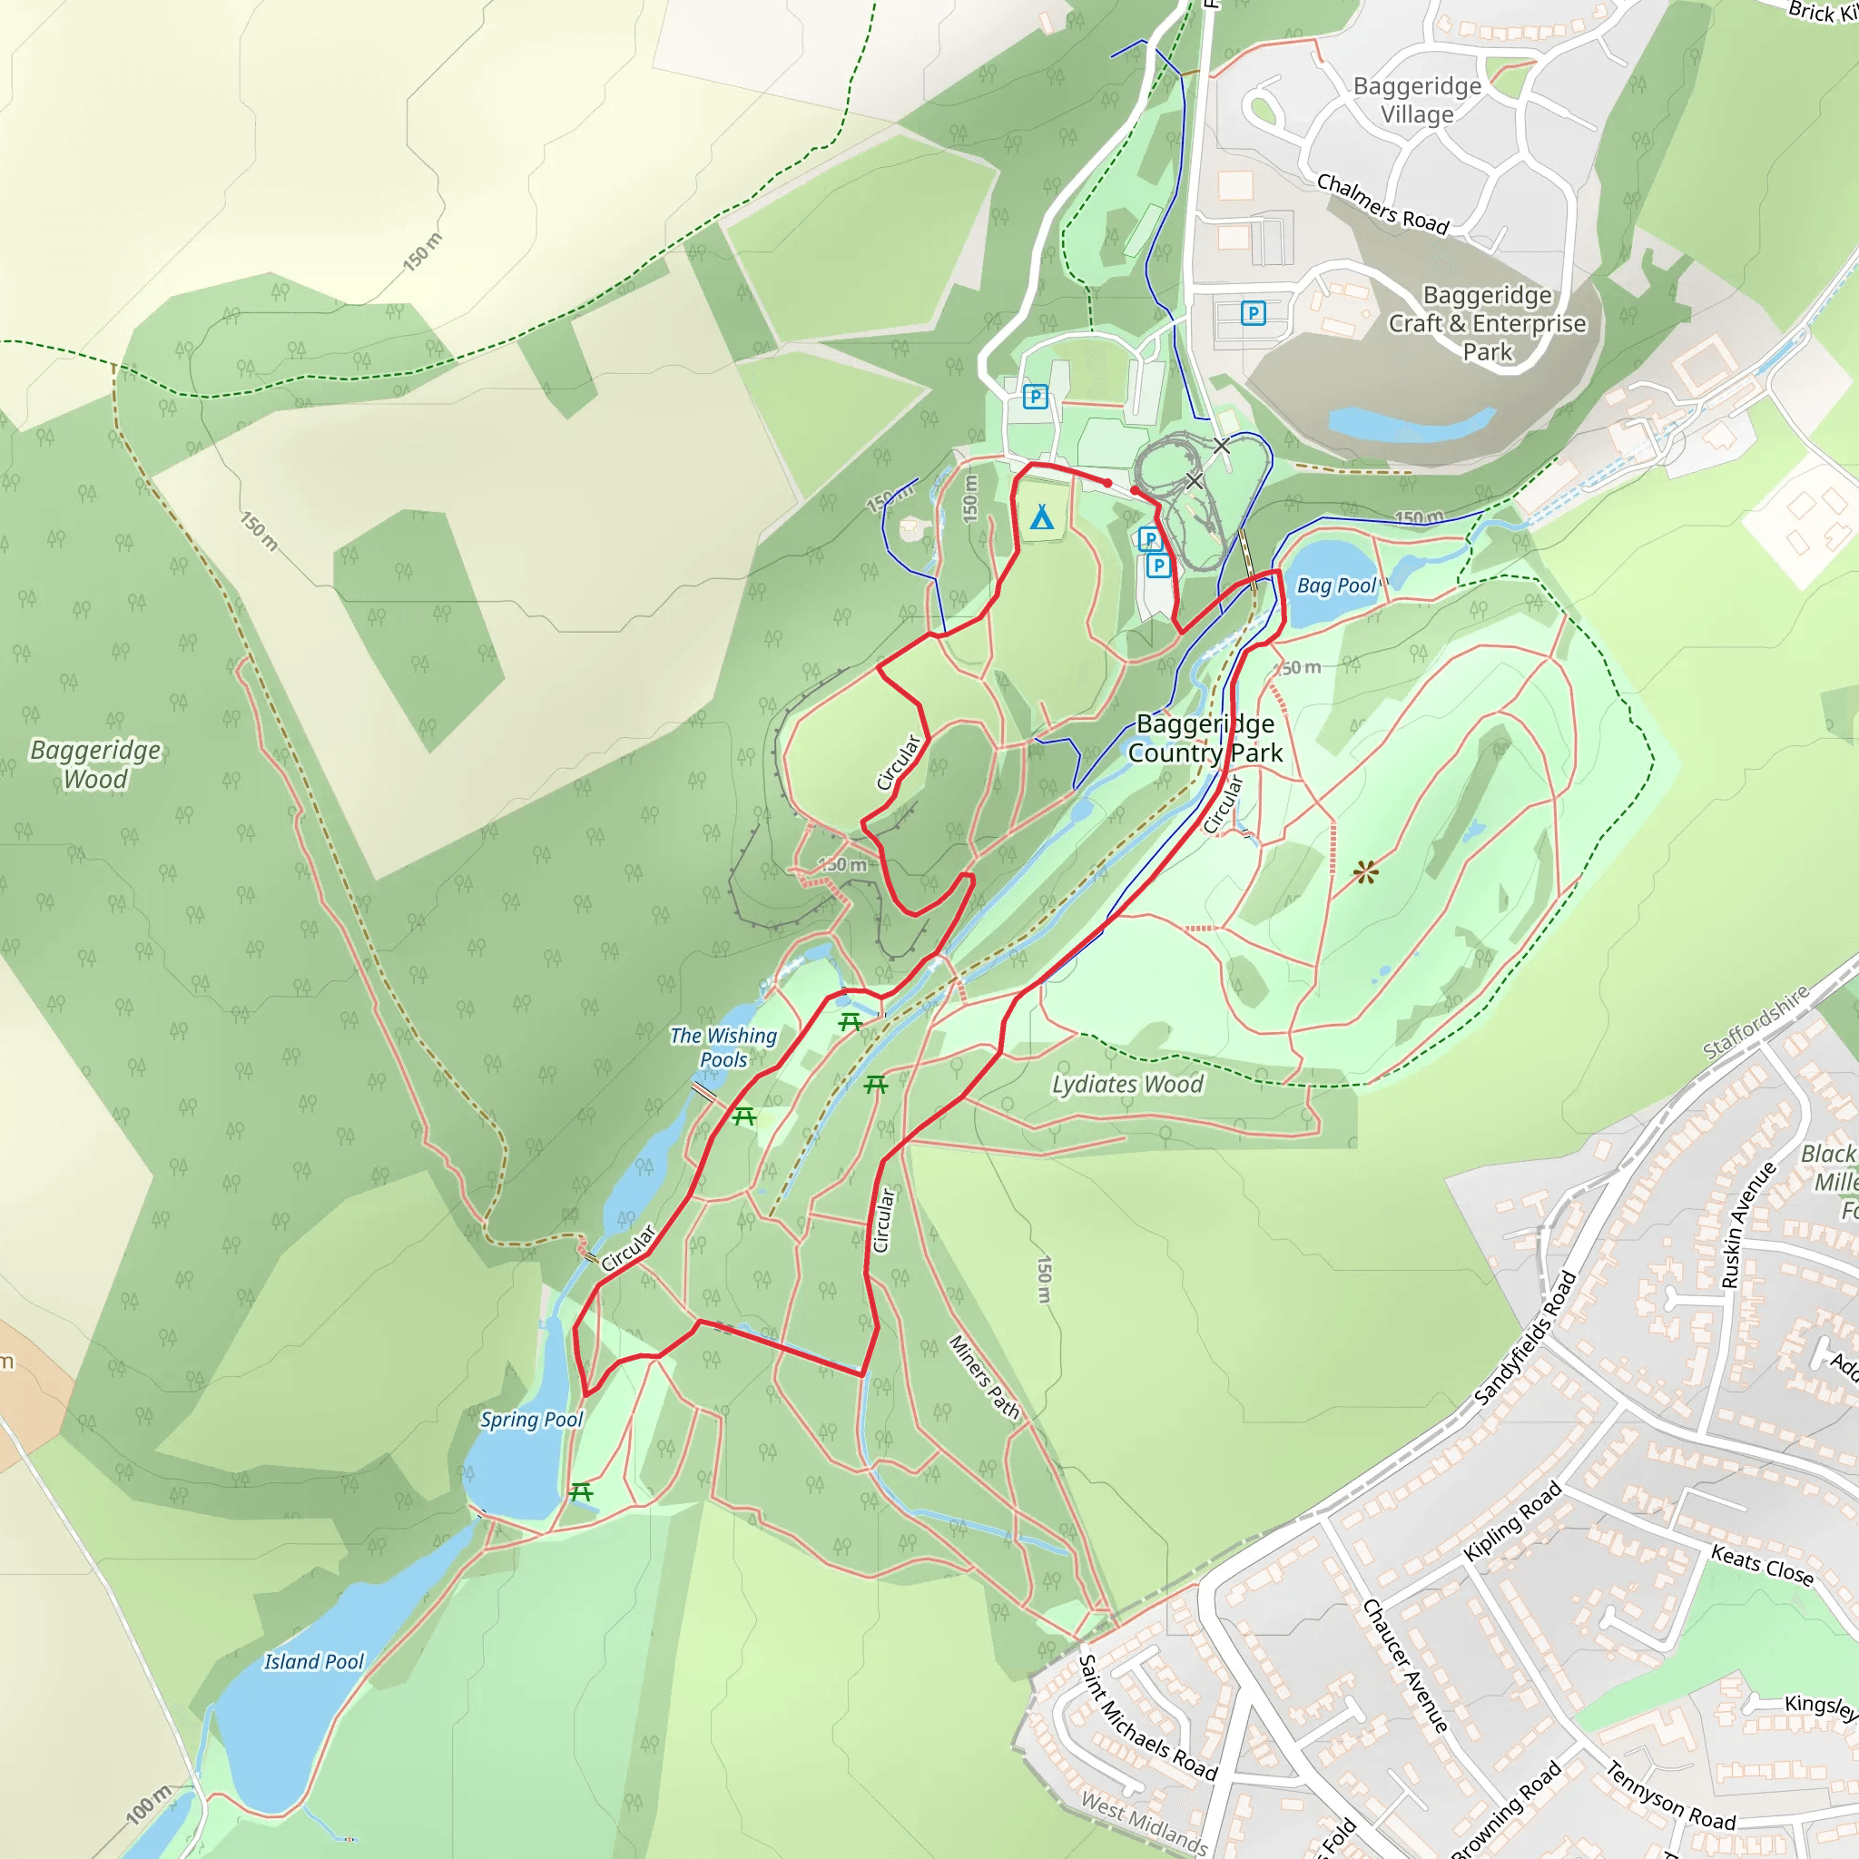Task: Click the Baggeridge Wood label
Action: tap(95, 764)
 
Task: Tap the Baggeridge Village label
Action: tap(1416, 100)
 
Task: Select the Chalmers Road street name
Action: tap(1382, 203)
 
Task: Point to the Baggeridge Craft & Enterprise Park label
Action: tap(1487, 323)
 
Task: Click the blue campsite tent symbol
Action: tap(1041, 517)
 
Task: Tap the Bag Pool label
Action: tap(1336, 585)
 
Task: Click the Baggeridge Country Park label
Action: tap(1205, 738)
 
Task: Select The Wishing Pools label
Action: tap(723, 1047)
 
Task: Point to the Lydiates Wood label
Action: tap(1126, 1085)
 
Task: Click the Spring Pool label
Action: tap(531, 1420)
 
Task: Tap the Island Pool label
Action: tap(314, 1662)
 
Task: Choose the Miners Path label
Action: tap(983, 1376)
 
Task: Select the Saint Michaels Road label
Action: tap(1147, 1717)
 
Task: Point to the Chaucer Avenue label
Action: tap(1405, 1666)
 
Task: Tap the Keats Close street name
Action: tap(1761, 1565)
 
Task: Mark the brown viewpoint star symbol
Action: tap(1365, 872)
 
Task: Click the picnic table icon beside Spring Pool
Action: tap(580, 1491)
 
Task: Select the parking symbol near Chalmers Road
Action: tap(1252, 313)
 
